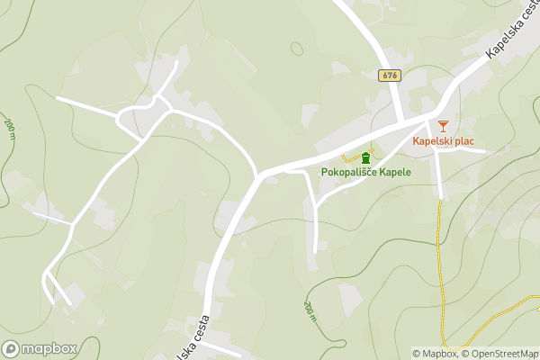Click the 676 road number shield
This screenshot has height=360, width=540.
point(389,76)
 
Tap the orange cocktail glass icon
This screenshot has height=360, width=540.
point(442,127)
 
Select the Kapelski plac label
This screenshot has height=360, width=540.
point(443,141)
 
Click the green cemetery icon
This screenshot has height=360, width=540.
point(365,157)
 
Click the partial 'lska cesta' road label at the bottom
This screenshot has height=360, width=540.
point(196,336)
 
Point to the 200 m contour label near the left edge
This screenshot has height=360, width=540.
point(10,130)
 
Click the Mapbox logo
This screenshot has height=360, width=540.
point(40,349)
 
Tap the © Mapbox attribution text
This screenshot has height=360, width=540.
point(436,354)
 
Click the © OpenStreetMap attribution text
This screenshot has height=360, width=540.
point(500,354)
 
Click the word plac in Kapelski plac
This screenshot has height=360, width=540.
point(463,141)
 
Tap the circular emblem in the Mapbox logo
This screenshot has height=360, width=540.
point(11,349)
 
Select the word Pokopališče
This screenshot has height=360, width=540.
point(349,171)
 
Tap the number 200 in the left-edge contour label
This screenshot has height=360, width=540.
point(9,125)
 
